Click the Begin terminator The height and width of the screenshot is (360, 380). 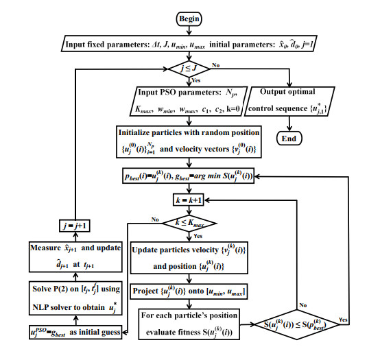coord(189,19)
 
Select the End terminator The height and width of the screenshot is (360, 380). coord(289,139)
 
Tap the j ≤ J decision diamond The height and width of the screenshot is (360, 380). coord(189,69)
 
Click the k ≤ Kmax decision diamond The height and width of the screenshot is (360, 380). coord(189,223)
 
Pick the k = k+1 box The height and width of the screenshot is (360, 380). coord(189,200)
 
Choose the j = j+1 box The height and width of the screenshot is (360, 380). coord(75,226)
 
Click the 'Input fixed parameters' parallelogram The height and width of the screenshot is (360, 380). coord(189,44)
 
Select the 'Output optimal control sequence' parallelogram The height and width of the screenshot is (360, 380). coord(289,101)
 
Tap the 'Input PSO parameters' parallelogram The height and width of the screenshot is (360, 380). coord(188,101)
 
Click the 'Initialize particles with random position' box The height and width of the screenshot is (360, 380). coord(189,142)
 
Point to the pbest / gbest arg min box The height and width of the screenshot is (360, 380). coord(189,176)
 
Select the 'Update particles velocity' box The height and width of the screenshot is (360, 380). coord(189,258)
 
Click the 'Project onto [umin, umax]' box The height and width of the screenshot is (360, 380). coord(189,291)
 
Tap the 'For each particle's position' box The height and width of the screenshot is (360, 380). coord(189,324)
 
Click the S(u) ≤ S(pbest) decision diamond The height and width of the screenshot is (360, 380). coord(296,324)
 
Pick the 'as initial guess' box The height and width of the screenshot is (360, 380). coord(75,332)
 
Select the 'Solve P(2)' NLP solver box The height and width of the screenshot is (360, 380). coord(75,298)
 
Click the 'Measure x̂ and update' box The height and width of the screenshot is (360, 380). coord(75,256)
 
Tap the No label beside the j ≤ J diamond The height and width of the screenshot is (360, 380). coord(215,65)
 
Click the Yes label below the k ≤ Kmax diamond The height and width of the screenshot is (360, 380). coord(198,236)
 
